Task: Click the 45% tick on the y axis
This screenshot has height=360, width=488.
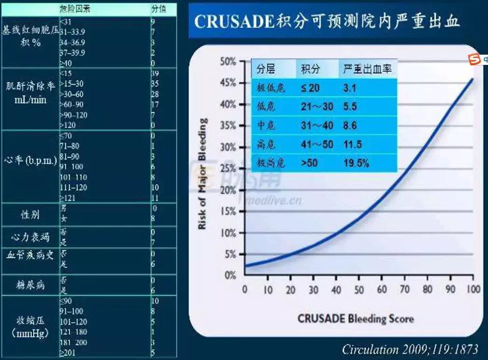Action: (x=229, y=83)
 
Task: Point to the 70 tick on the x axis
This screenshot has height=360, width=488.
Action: (x=404, y=289)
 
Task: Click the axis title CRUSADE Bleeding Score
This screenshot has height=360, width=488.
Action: (x=356, y=319)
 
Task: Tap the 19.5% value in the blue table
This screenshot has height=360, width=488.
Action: (x=357, y=163)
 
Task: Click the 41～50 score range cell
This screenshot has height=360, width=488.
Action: (x=317, y=144)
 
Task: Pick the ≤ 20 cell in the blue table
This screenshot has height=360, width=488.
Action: (x=310, y=88)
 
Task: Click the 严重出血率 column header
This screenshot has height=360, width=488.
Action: (x=367, y=70)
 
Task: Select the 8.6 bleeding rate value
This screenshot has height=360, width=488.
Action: (x=350, y=126)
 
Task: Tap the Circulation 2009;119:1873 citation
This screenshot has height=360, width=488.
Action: (x=410, y=349)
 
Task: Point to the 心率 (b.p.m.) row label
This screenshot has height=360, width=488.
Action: (x=30, y=162)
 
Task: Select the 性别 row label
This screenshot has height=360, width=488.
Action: (x=30, y=214)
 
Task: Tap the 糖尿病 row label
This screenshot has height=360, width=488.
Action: (x=30, y=285)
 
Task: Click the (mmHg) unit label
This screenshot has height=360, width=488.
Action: (x=29, y=334)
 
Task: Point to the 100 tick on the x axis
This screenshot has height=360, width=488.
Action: (x=473, y=289)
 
